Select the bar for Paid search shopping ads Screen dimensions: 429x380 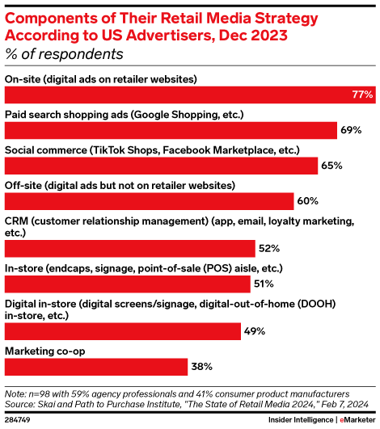(171, 130)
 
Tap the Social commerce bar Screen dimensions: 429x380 (161, 166)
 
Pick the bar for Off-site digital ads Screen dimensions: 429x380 (149, 201)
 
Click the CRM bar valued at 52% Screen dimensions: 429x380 (129, 247)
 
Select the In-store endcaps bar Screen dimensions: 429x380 (128, 284)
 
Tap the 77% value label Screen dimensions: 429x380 (361, 95)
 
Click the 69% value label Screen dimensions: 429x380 (352, 130)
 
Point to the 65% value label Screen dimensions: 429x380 (332, 166)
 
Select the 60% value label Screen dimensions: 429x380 (309, 201)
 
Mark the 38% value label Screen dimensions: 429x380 (203, 366)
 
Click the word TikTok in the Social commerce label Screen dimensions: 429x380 (108, 150)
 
